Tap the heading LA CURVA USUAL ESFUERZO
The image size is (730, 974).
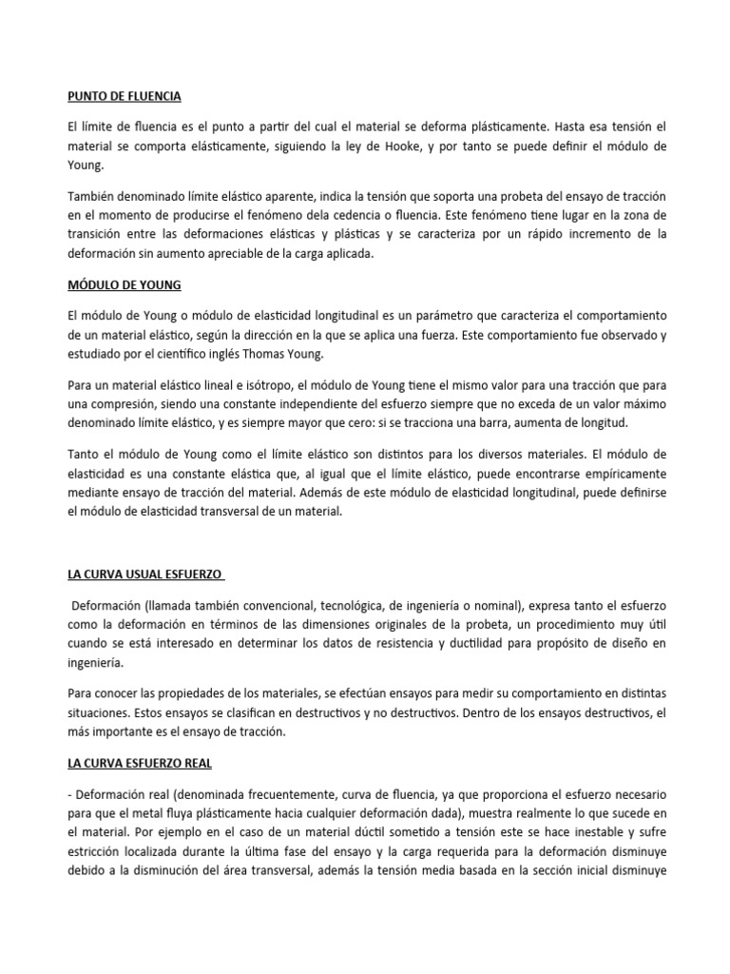144,575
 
